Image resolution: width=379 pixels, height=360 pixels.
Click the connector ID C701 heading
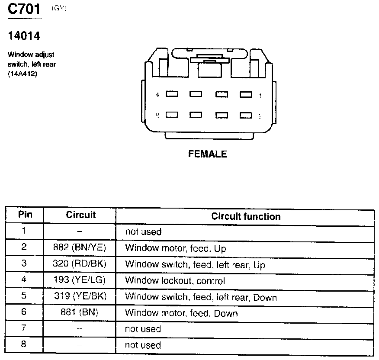click(24, 10)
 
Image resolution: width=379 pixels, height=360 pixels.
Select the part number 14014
click(24, 36)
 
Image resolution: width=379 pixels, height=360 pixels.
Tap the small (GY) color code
click(59, 9)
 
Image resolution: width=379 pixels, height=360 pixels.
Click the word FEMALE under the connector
click(207, 154)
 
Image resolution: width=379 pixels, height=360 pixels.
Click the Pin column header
click(25, 215)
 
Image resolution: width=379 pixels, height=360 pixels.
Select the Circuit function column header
click(246, 216)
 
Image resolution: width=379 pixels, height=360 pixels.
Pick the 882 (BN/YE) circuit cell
click(80, 248)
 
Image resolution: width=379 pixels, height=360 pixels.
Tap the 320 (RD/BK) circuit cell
click(80, 264)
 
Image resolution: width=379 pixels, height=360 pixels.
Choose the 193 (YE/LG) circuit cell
click(80, 280)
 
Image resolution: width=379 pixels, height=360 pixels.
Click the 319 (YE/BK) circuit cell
click(80, 296)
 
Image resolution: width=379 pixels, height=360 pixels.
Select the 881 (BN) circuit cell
click(80, 312)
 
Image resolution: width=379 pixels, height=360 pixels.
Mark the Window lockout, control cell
click(175, 281)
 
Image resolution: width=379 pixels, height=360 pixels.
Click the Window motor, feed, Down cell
click(181, 313)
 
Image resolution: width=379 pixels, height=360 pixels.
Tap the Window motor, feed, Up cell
click(175, 248)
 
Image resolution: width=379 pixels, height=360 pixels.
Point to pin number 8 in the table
click(24, 344)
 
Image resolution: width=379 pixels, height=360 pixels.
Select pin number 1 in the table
click(24, 231)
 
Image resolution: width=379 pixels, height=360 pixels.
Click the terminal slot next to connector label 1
click(246, 94)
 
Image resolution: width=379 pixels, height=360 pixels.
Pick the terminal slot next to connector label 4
click(172, 94)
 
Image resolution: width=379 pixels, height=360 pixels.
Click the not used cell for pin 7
click(143, 329)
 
